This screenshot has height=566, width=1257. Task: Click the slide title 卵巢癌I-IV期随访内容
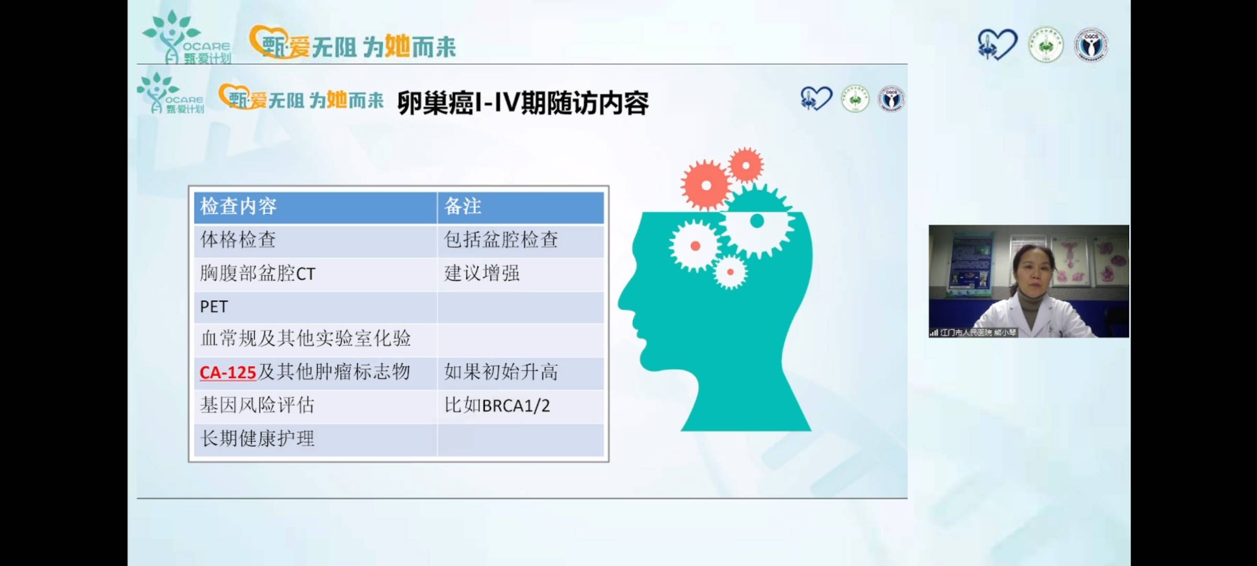[x=523, y=103]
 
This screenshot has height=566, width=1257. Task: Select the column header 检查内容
[x=238, y=206]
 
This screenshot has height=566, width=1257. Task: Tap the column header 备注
[x=462, y=206]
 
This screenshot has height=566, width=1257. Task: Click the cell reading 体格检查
[x=238, y=240]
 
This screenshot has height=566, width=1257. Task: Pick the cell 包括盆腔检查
[x=501, y=240]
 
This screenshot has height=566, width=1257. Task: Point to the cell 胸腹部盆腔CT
[x=258, y=274]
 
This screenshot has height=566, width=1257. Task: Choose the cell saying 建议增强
[x=481, y=274]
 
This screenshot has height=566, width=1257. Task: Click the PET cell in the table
[x=214, y=307]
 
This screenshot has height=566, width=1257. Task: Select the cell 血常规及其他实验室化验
[x=305, y=339]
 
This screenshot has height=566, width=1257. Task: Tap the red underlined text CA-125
[x=227, y=373]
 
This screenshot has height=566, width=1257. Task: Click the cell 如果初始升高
[x=501, y=373]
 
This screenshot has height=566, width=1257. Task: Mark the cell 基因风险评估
[x=257, y=406]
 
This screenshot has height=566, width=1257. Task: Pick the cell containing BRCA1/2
[x=497, y=406]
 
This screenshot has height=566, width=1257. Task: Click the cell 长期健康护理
[x=257, y=439]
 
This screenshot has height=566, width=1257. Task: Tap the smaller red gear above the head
[x=746, y=166]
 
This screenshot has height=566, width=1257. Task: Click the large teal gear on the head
[x=757, y=221]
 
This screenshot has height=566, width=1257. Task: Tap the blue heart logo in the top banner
[x=997, y=44]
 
